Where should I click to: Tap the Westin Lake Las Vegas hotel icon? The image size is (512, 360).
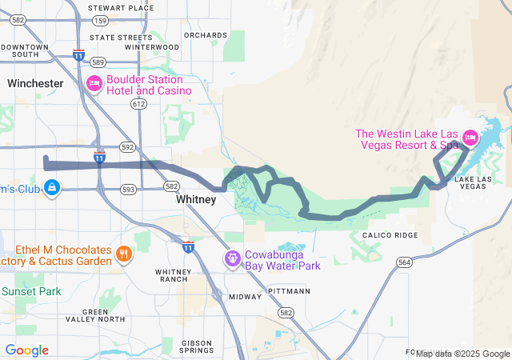pyautogui.click(x=470, y=138)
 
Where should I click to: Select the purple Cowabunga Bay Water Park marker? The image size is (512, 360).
pyautogui.click(x=230, y=259)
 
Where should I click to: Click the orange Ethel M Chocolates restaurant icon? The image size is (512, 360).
pyautogui.click(x=123, y=255)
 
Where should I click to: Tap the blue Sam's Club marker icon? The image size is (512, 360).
pyautogui.click(x=52, y=188)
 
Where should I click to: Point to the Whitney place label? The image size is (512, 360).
pyautogui.click(x=196, y=200)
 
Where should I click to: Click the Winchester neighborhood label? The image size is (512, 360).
pyautogui.click(x=35, y=83)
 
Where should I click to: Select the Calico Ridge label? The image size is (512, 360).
pyautogui.click(x=390, y=234)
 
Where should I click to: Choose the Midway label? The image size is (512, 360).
pyautogui.click(x=245, y=297)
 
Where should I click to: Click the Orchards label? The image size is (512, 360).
pyautogui.click(x=205, y=35)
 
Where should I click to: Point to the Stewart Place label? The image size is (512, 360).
pyautogui.click(x=122, y=8)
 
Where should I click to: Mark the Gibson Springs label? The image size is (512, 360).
pyautogui.click(x=196, y=346)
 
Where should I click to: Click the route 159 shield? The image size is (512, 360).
pyautogui.click(x=122, y=20)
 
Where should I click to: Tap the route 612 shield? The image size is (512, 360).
pyautogui.click(x=139, y=104)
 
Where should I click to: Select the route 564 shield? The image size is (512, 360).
pyautogui.click(x=405, y=262)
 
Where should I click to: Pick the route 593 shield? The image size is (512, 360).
pyautogui.click(x=128, y=190)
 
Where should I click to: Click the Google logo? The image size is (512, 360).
pyautogui.click(x=27, y=350)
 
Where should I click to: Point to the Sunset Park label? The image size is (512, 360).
pyautogui.click(x=30, y=292)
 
